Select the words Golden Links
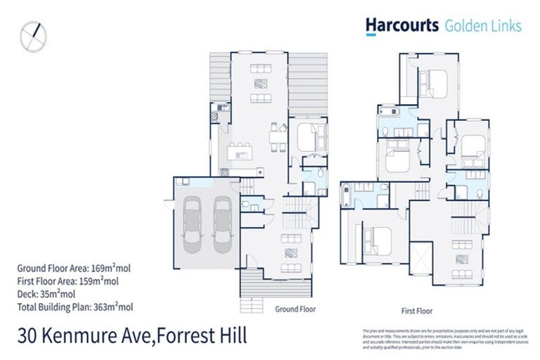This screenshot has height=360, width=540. tap(483, 26)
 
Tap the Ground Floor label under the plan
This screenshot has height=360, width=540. tap(295, 309)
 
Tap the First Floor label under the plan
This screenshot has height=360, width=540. tap(416, 310)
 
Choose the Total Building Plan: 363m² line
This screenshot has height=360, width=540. tap(75, 306)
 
